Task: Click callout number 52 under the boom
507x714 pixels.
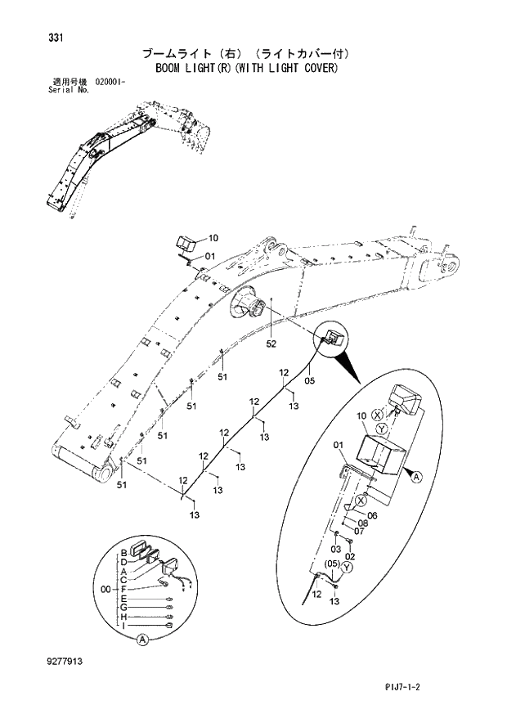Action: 271,344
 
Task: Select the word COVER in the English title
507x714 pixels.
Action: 319,69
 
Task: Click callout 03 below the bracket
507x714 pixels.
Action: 336,547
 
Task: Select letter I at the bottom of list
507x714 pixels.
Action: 123,626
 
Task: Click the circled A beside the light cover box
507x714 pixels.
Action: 415,476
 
